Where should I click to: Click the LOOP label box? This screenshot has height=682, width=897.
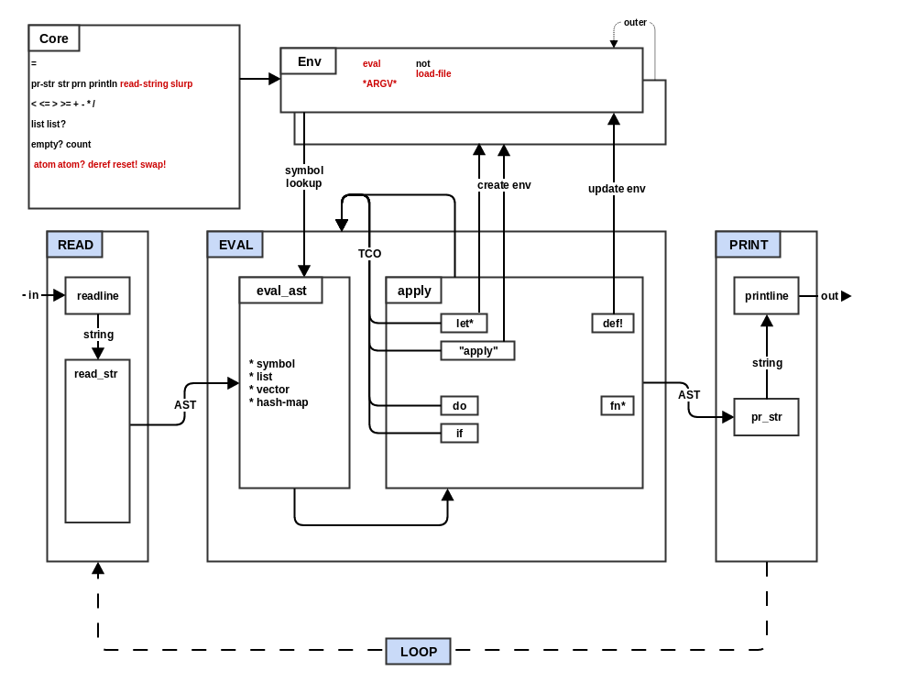click(x=418, y=652)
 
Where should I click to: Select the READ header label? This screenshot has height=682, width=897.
click(x=75, y=245)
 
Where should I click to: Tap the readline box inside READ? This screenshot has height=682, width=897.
click(x=97, y=295)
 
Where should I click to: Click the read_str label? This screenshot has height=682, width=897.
click(x=96, y=374)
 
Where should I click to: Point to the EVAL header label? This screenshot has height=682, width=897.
click(x=235, y=245)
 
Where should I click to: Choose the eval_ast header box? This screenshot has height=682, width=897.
click(x=281, y=291)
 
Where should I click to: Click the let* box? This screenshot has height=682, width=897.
click(x=464, y=324)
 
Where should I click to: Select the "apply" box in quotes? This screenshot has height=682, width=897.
click(x=477, y=351)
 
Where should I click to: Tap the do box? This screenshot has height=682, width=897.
click(x=459, y=406)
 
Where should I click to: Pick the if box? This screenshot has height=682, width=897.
click(x=459, y=434)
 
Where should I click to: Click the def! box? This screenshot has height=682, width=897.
click(x=612, y=324)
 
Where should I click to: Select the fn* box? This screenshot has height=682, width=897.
click(x=617, y=406)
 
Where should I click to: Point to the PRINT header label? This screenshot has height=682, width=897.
click(x=748, y=245)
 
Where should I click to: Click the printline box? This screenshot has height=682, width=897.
click(x=766, y=295)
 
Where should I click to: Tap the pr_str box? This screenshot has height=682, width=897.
click(x=766, y=417)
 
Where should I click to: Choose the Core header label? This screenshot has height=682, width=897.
click(x=54, y=38)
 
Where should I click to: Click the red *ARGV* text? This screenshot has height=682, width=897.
click(x=379, y=83)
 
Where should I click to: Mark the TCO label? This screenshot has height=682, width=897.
click(x=369, y=254)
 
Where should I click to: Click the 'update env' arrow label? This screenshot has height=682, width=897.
click(x=617, y=189)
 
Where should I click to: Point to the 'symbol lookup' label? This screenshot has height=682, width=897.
click(x=303, y=177)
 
